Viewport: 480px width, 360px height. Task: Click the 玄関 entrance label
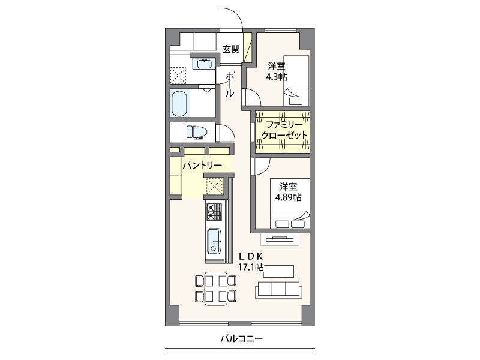pyautogui.click(x=231, y=50)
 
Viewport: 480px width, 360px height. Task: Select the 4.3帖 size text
pyautogui.click(x=277, y=77)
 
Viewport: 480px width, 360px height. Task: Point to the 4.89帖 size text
pyautogui.click(x=288, y=197)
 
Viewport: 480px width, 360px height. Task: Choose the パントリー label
pyautogui.click(x=202, y=165)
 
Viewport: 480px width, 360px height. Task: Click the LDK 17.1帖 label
pyautogui.click(x=251, y=261)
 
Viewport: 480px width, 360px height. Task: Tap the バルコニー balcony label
pyautogui.click(x=241, y=339)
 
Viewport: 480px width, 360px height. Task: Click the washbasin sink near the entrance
pyautogui.click(x=204, y=63)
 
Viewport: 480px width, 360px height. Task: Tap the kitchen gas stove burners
pyautogui.click(x=214, y=211)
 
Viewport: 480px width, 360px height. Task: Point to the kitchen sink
pyautogui.click(x=214, y=242)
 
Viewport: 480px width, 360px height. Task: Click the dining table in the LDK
pyautogui.click(x=216, y=288)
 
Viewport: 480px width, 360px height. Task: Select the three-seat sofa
pyautogui.click(x=278, y=289)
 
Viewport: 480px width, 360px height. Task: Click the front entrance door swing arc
pyautogui.click(x=231, y=21)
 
